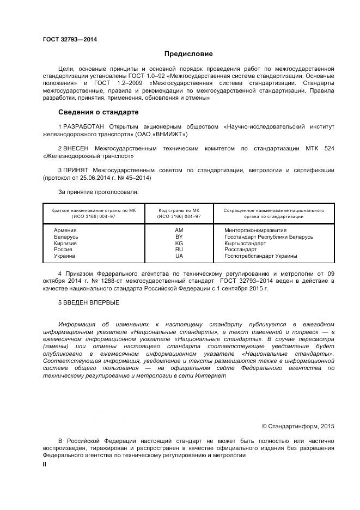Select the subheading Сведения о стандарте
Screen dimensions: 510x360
(98, 112)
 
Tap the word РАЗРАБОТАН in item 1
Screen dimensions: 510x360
(82, 126)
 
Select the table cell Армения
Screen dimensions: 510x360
(65, 230)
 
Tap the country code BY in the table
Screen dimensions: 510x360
(179, 237)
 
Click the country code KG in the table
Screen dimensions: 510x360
(179, 243)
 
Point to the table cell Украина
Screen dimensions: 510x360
(64, 256)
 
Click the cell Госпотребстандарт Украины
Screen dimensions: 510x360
(261, 256)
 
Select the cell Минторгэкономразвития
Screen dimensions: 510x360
(255, 230)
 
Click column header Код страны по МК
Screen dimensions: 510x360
(179, 210)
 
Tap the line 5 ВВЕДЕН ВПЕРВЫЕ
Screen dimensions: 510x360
(88, 302)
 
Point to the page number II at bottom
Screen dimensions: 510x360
(45, 464)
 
